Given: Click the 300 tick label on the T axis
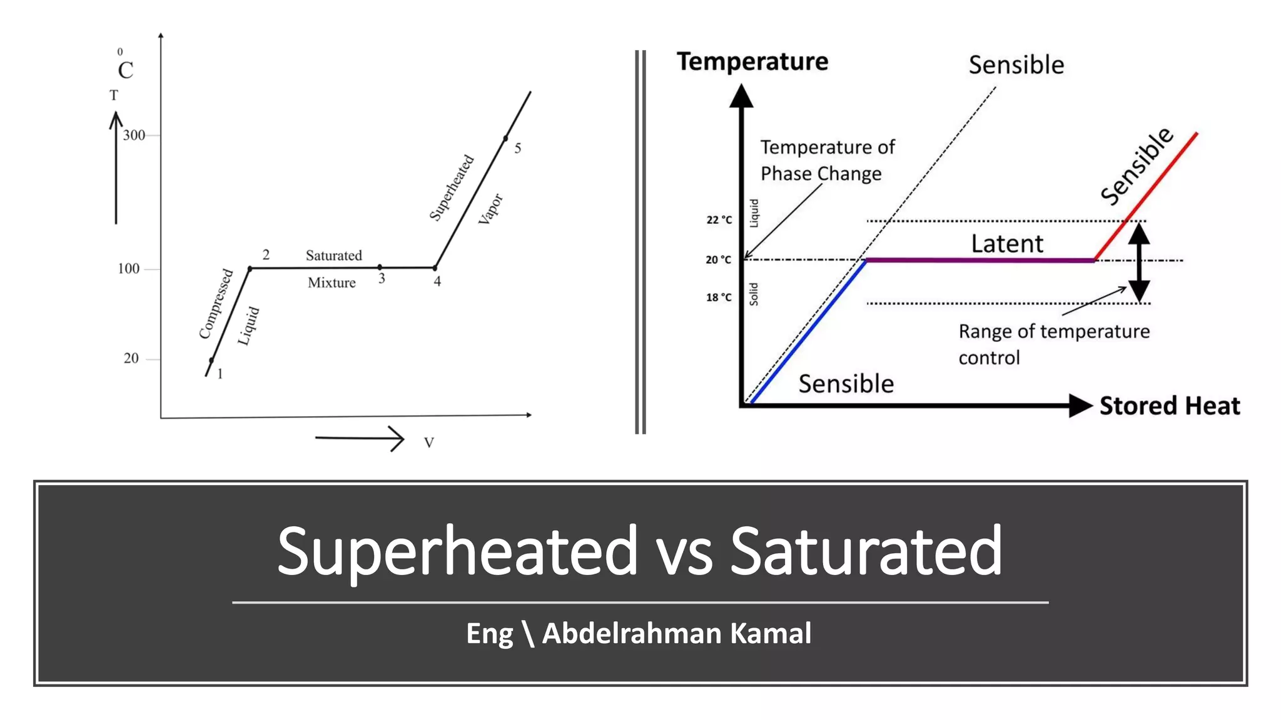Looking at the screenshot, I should click(133, 135).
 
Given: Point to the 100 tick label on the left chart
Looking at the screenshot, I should click(128, 269).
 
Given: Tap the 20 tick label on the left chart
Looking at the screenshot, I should click(131, 358).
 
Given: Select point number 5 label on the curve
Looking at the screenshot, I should click(518, 148).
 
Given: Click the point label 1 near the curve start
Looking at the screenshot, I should click(220, 374).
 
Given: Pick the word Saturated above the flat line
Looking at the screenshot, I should click(333, 255).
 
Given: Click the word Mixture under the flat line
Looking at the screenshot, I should click(332, 282).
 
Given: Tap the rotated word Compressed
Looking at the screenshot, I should click(216, 304).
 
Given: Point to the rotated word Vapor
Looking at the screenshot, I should click(490, 209).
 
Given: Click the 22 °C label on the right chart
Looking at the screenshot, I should click(719, 220).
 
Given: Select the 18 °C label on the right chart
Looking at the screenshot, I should click(719, 297).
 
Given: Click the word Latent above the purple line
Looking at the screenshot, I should click(1006, 243).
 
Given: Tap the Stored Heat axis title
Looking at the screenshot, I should click(1169, 406).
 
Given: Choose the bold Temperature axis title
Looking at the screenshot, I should click(752, 61).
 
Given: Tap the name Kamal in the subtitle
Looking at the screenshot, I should click(771, 633).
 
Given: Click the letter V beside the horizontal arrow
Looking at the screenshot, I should click(429, 442).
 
